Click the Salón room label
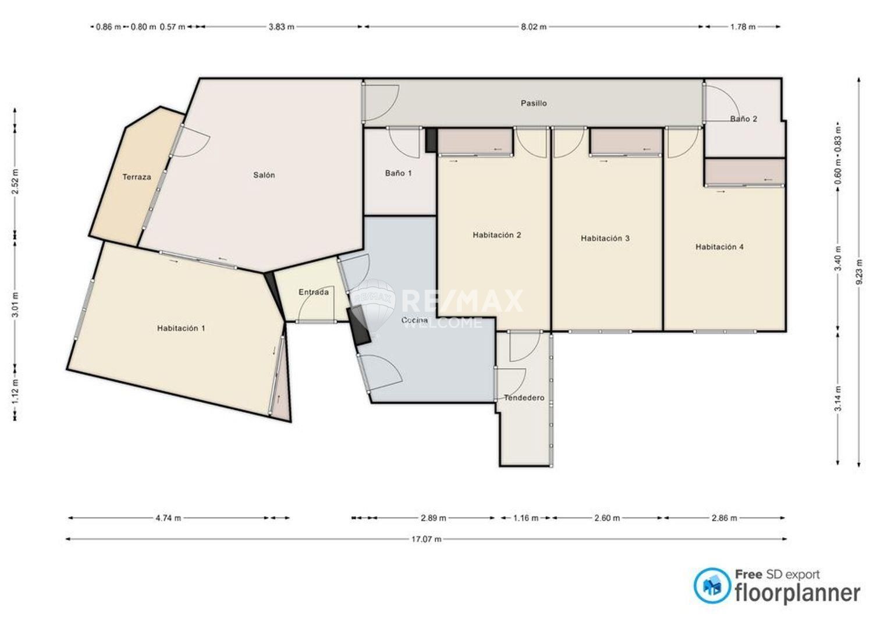pos(264,175)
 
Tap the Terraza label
pos(136,177)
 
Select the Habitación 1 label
pos(181,329)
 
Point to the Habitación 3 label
pos(605,238)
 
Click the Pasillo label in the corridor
pos(534,104)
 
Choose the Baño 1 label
pos(398,173)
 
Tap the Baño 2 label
pos(744,119)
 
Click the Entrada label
pos(314,292)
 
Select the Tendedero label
pos(524,398)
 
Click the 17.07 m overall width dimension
pos(427,539)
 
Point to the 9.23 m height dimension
pos(858,272)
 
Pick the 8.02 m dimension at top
pos(534,27)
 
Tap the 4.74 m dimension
pos(168,518)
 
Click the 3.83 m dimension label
pos(281,27)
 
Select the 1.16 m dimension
pos(526,518)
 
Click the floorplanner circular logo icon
pos(712,586)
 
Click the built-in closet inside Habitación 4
pos(744,172)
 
